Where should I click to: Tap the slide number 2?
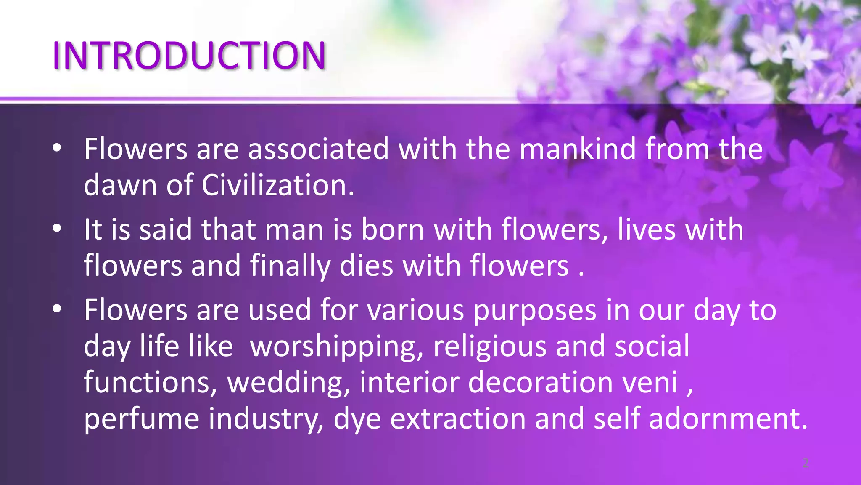coord(806,463)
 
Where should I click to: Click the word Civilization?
coord(278,185)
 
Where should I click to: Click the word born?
coord(393,229)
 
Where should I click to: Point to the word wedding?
coord(288,383)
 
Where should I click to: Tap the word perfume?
coord(141,419)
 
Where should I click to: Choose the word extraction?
coord(458,419)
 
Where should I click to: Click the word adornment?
coord(728,419)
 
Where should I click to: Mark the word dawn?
coord(120,185)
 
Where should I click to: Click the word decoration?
coord(540,383)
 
